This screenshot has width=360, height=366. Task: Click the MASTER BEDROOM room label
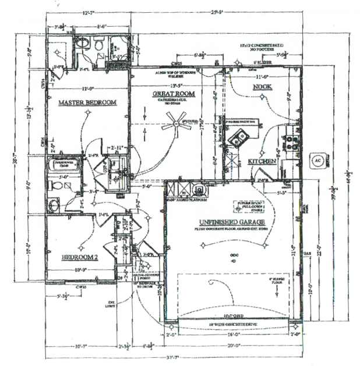(x=87, y=103)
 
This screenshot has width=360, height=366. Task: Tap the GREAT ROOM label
(x=174, y=94)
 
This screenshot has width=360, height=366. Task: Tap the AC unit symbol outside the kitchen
(x=319, y=159)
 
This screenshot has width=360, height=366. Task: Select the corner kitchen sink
(x=239, y=138)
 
